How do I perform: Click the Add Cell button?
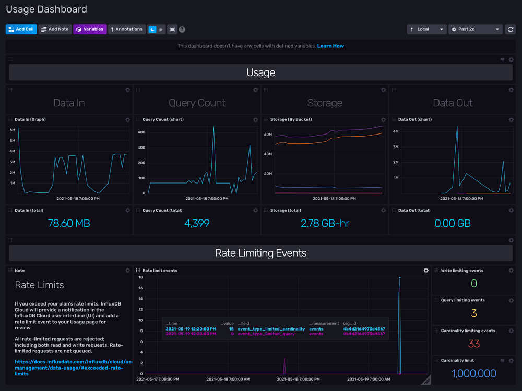pos(21,29)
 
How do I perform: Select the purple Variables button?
pos(90,29)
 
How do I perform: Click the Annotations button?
pos(126,29)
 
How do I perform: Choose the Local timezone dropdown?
pos(426,29)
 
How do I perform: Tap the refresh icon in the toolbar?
pos(511,29)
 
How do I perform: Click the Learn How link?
pos(330,46)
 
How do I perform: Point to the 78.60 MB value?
pos(69,223)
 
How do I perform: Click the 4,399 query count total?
pos(197,223)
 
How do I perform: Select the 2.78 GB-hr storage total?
pos(325,223)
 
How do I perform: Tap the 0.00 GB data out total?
pos(453,223)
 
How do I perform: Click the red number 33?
pos(474,344)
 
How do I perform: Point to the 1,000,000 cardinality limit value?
pos(474,373)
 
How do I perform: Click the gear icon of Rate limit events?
pos(426,271)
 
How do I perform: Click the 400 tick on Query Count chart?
pos(141,132)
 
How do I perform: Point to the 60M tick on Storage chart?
pos(268,135)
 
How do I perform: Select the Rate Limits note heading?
pos(39,285)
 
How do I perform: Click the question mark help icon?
pos(182,29)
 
